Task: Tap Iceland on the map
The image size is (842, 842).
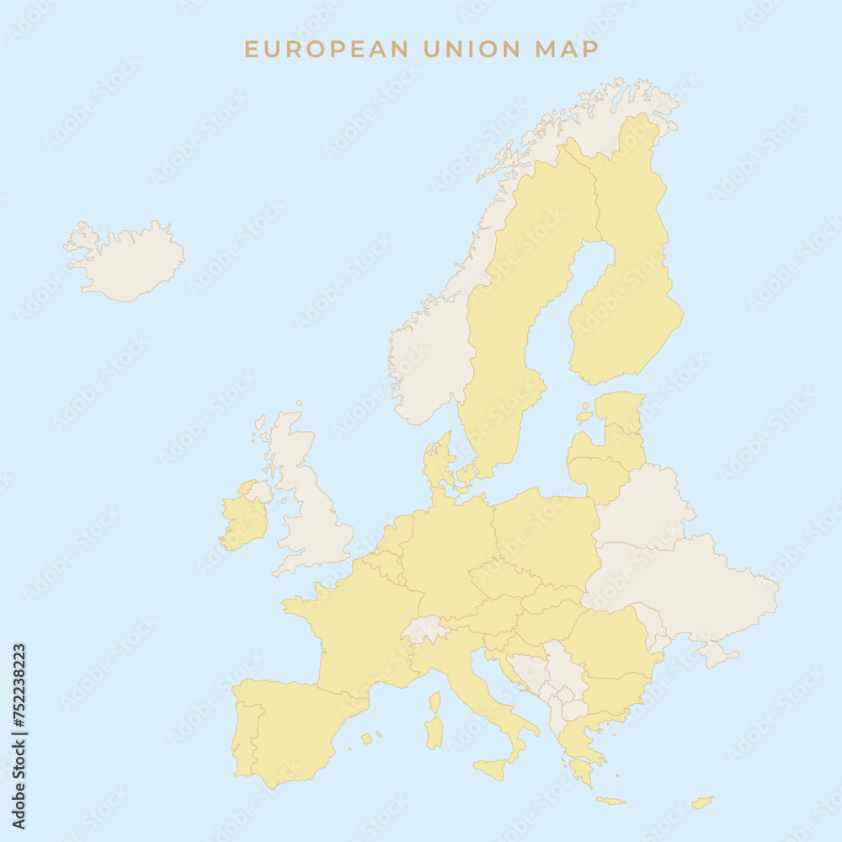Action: point(131,261)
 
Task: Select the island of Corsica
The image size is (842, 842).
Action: point(435,702)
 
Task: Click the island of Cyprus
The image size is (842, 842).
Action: point(702,802)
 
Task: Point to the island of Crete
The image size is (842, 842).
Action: point(611,801)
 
